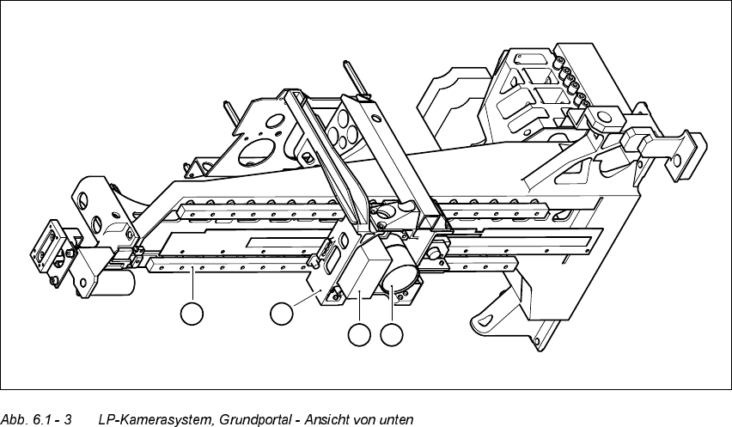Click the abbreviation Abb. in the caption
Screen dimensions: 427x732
coord(15,420)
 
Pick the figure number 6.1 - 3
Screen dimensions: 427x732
coord(51,420)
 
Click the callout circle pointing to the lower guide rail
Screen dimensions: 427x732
coord(192,314)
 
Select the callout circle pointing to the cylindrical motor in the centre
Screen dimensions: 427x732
coord(393,336)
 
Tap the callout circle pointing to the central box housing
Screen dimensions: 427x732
coord(360,336)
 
